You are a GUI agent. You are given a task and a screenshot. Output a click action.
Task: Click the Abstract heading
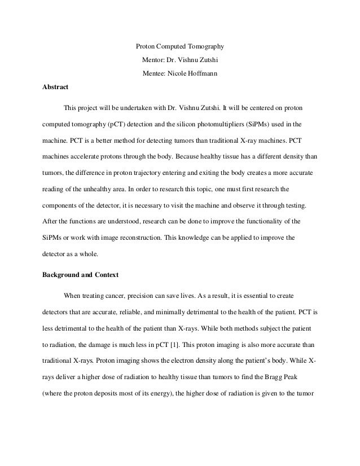[x=56, y=87]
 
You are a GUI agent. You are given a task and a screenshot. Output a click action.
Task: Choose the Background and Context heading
[x=82, y=275]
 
